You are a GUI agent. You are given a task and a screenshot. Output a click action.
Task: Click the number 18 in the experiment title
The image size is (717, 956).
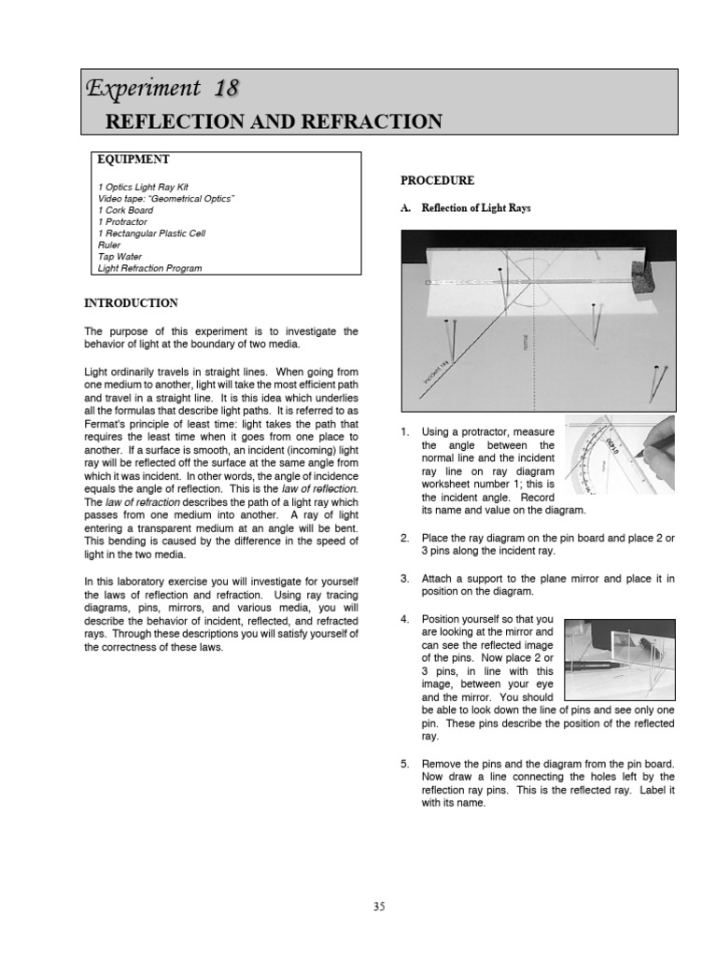pyautogui.click(x=226, y=89)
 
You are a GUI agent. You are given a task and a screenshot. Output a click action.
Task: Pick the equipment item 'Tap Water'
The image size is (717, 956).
pyautogui.click(x=119, y=256)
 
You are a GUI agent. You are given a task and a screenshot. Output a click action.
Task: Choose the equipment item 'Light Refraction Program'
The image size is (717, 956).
pyautogui.click(x=149, y=268)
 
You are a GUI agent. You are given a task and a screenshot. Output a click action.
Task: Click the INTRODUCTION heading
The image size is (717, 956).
pyautogui.click(x=132, y=302)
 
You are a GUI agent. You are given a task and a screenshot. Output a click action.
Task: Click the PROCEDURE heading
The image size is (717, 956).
pyautogui.click(x=437, y=180)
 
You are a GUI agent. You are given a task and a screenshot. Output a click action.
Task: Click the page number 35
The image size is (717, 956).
pyautogui.click(x=379, y=906)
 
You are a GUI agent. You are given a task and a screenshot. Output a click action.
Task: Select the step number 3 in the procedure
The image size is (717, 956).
pyautogui.click(x=405, y=579)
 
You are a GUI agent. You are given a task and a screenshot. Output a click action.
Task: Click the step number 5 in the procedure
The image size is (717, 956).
pyautogui.click(x=405, y=764)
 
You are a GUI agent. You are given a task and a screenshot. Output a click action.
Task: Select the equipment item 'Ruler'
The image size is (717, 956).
pyautogui.click(x=109, y=245)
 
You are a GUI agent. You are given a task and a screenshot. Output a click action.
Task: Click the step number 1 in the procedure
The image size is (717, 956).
pyautogui.click(x=405, y=432)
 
